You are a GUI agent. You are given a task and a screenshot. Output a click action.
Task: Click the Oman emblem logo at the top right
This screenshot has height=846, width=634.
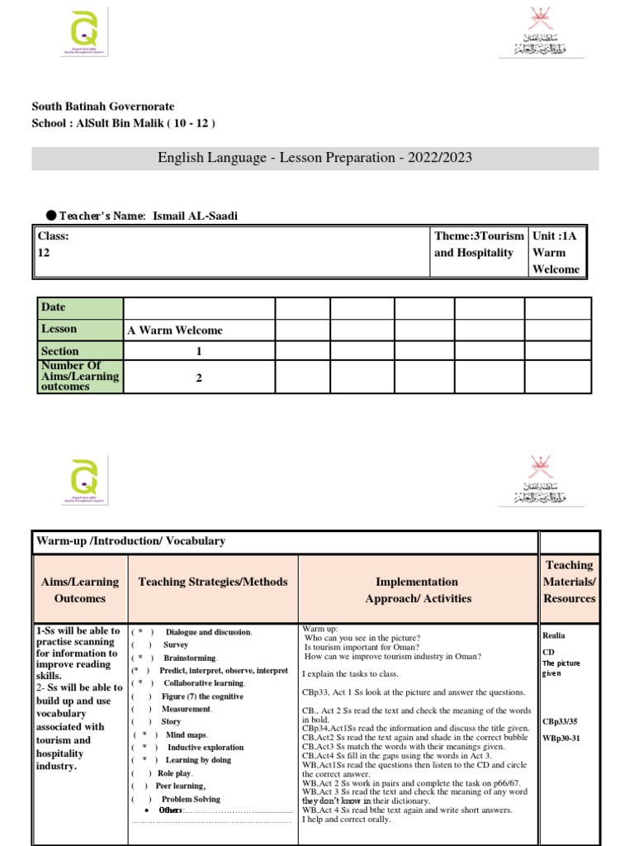pyautogui.click(x=542, y=33)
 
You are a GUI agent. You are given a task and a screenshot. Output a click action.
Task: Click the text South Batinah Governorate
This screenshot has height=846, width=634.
pyautogui.click(x=102, y=107)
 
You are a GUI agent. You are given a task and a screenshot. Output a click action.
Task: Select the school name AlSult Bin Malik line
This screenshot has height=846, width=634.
pyautogui.click(x=123, y=123)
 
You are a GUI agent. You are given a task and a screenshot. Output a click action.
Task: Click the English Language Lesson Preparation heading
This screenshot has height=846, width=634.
pyautogui.click(x=315, y=158)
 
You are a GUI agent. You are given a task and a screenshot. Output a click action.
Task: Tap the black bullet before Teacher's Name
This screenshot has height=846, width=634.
pyautogui.click(x=50, y=216)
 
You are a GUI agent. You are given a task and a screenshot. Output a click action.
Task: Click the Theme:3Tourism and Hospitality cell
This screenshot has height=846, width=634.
pyautogui.click(x=479, y=245)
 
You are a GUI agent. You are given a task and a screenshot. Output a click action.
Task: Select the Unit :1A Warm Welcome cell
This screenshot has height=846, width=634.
pyautogui.click(x=556, y=252)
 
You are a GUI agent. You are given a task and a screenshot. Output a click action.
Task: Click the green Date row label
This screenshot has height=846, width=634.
pyautogui.click(x=79, y=307)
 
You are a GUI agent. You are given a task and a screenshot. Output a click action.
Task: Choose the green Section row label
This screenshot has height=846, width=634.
pyautogui.click(x=79, y=351)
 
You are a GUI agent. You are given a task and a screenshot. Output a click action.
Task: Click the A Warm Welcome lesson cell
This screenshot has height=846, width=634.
pyautogui.click(x=175, y=330)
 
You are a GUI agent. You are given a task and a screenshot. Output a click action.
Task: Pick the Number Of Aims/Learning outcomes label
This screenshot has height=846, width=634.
pyautogui.click(x=79, y=376)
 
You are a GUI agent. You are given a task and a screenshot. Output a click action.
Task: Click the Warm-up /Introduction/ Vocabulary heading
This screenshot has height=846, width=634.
pyautogui.click(x=130, y=541)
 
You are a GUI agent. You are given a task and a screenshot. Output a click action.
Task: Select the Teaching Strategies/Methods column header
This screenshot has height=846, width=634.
pyautogui.click(x=213, y=582)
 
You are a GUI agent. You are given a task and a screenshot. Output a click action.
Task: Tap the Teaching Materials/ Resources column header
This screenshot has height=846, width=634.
pyautogui.click(x=569, y=582)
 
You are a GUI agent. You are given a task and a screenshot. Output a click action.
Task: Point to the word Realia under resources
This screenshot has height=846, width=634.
pyautogui.click(x=554, y=635)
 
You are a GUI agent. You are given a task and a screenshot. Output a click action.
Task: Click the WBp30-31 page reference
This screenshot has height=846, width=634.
pyautogui.click(x=561, y=738)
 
